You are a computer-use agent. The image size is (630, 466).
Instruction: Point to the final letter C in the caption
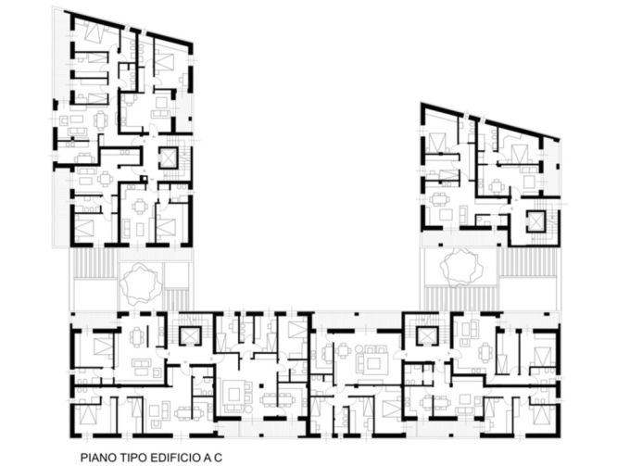(218, 458)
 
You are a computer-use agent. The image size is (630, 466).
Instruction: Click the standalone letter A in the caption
(208, 458)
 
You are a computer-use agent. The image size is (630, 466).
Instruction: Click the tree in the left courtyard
(140, 283)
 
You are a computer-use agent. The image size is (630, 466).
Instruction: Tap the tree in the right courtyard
(460, 266)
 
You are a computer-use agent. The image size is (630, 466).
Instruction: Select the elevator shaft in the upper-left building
(168, 157)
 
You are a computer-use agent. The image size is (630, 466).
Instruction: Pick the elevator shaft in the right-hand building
(537, 220)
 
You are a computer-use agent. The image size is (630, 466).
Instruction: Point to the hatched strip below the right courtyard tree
(460, 298)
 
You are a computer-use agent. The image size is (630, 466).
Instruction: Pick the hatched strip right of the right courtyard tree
(527, 262)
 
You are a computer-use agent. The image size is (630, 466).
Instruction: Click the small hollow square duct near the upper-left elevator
(144, 178)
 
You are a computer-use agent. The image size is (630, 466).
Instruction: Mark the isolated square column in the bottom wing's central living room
(262, 385)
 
